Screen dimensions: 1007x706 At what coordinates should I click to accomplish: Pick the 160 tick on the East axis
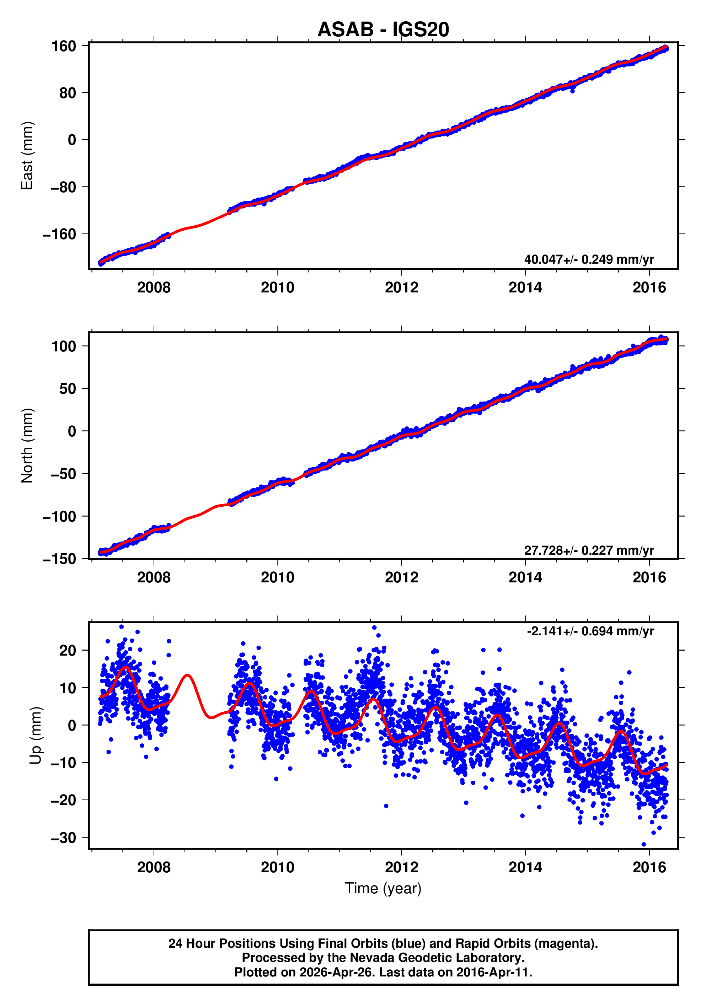[x=64, y=46]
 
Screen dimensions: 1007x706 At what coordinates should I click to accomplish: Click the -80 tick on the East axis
[x=63, y=187]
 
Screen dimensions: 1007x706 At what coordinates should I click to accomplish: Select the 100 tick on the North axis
[x=64, y=346]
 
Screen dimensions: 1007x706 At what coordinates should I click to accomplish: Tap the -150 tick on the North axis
[x=59, y=559]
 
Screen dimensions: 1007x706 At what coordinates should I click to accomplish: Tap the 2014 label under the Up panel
[x=525, y=867]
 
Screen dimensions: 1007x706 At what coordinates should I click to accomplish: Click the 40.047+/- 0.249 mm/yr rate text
[x=588, y=259]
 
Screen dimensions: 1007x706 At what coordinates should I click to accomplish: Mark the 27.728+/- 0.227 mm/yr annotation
[x=588, y=550]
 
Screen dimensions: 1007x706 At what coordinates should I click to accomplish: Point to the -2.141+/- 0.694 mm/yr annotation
[x=590, y=631]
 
